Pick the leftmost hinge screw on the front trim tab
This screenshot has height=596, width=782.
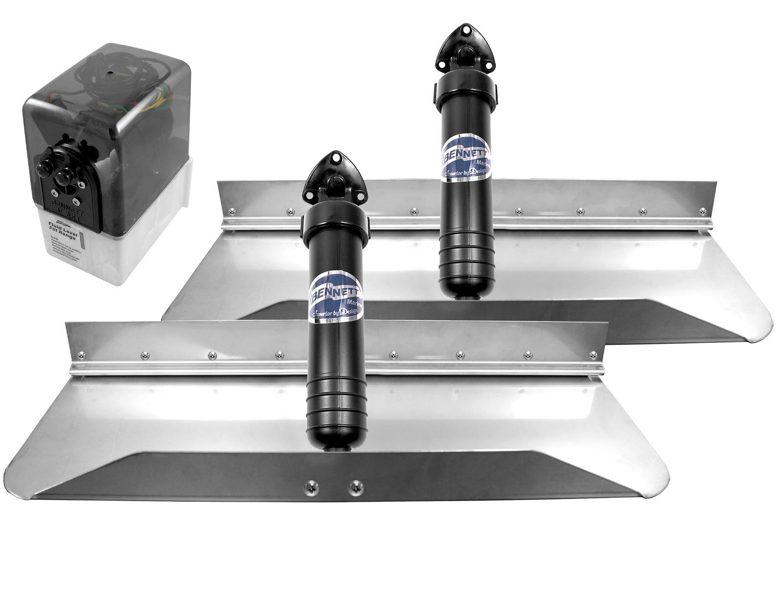coord(145,355)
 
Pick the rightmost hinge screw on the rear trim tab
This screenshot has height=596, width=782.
coord(702,211)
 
